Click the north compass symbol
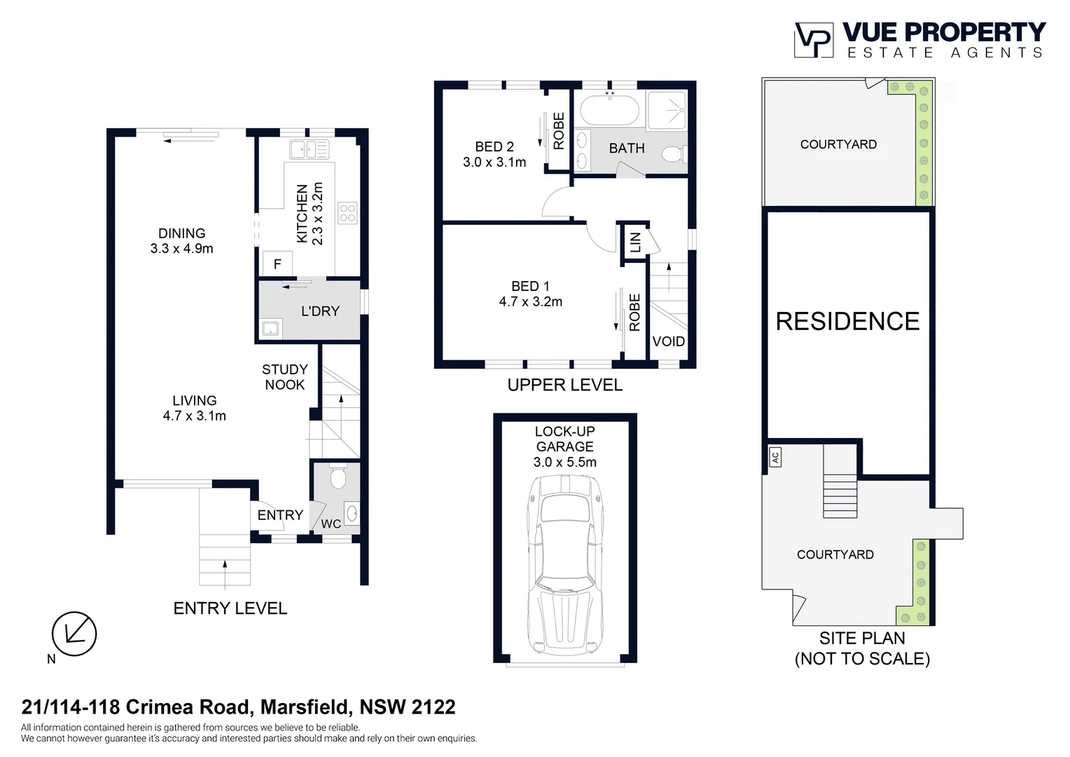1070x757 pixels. point(74,634)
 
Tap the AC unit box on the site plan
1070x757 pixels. point(774,458)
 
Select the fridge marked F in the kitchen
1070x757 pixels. point(277,264)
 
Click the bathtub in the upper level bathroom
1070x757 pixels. point(610,110)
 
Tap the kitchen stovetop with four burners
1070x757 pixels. point(347,213)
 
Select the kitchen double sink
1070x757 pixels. point(309,149)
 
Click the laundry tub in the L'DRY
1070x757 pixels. point(270,328)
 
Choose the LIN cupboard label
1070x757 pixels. point(635,243)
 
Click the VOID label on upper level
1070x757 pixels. point(668,341)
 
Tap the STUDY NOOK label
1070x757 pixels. point(284,377)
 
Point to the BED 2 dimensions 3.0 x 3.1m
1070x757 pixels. point(494,163)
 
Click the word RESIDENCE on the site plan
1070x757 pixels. point(847,322)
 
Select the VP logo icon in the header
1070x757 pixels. point(813,40)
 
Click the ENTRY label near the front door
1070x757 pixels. point(280,515)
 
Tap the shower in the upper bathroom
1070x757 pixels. point(667,110)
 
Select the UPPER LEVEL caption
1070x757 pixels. point(564,385)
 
